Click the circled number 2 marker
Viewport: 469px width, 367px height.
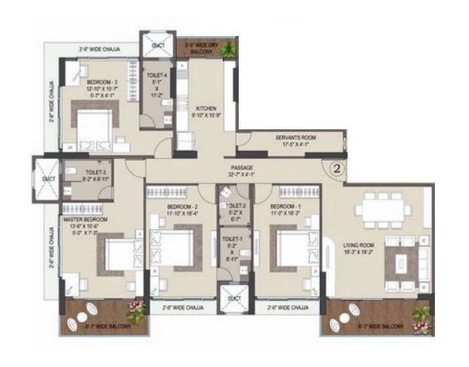(336, 168)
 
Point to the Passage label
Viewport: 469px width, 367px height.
(242, 167)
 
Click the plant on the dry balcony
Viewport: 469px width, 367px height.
(228, 49)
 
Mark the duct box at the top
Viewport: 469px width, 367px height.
(157, 47)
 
